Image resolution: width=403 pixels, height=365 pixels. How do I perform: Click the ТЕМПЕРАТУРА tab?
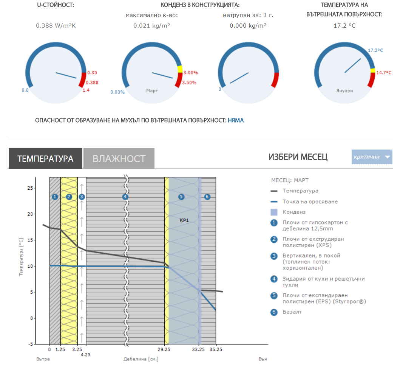(45, 158)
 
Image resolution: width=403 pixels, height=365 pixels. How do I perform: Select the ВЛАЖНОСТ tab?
(119, 158)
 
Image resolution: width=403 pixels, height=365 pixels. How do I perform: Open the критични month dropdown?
(372, 157)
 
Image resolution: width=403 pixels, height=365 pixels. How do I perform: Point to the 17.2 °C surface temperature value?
(344, 25)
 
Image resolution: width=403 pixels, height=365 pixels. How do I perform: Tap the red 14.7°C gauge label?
(384, 73)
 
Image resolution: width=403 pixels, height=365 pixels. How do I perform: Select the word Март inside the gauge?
(152, 91)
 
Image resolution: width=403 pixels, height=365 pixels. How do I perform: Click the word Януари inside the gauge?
(344, 91)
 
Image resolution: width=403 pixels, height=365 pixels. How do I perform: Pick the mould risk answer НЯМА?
(236, 120)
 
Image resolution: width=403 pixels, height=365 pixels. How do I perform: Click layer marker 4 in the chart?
(125, 197)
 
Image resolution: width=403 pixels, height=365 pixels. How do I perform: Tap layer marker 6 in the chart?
(207, 197)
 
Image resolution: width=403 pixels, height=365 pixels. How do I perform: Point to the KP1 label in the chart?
(184, 220)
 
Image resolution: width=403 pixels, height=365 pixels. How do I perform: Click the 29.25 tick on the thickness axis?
(164, 350)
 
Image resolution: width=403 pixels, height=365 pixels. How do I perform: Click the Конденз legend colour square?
(274, 212)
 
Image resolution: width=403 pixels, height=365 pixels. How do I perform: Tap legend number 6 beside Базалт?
(274, 312)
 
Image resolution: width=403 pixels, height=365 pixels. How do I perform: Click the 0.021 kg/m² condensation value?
(152, 25)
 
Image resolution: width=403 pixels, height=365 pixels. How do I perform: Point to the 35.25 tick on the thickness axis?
(216, 350)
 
